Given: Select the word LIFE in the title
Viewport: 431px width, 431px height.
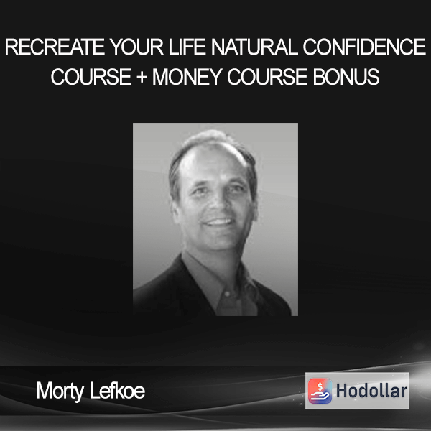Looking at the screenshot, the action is click(187, 47).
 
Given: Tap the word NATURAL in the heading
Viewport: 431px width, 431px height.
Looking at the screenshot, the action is click(254, 47).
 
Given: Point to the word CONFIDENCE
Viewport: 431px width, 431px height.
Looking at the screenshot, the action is click(364, 47).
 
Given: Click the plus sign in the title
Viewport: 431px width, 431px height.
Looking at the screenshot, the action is click(142, 77).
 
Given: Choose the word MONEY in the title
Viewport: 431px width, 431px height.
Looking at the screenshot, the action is click(187, 77).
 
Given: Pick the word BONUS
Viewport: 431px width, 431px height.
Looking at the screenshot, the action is click(346, 77).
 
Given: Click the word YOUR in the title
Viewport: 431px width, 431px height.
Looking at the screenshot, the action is click(137, 47).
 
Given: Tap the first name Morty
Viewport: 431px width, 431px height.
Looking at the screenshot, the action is click(60, 391).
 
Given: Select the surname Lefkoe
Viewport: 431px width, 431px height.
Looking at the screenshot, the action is click(117, 391).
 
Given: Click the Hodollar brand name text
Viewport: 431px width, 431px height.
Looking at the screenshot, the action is click(371, 391).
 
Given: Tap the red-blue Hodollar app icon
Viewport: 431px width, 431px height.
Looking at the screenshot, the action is click(320, 391).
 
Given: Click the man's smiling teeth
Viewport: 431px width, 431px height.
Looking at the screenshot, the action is click(219, 221).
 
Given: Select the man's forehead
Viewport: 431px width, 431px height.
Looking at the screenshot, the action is click(212, 164).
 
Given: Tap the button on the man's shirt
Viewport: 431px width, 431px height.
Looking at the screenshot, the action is click(227, 294).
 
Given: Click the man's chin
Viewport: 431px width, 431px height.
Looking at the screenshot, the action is click(220, 241).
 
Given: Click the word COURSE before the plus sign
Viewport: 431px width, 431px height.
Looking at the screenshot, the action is click(91, 77).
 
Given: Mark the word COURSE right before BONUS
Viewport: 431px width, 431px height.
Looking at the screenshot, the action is click(267, 77).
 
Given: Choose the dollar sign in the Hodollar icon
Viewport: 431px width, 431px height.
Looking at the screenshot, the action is click(320, 386).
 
